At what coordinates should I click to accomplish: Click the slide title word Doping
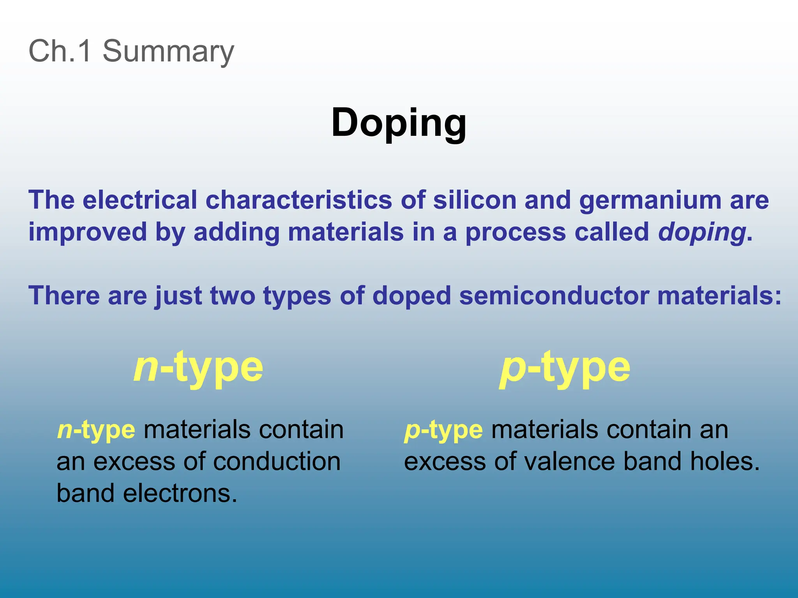[399, 123]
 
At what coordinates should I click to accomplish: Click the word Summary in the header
[168, 51]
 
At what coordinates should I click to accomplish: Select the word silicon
[474, 200]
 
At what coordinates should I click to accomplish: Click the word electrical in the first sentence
[140, 200]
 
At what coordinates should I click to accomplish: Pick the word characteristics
[298, 200]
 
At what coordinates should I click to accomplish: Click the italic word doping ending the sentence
[702, 233]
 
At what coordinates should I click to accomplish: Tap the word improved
[87, 233]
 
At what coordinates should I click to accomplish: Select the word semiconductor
[554, 295]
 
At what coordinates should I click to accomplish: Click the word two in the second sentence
[233, 295]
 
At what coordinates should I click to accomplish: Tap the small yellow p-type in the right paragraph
[443, 430]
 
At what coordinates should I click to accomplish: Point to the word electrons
[180, 493]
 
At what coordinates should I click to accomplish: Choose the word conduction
[277, 462]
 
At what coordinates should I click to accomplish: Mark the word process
[516, 233]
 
